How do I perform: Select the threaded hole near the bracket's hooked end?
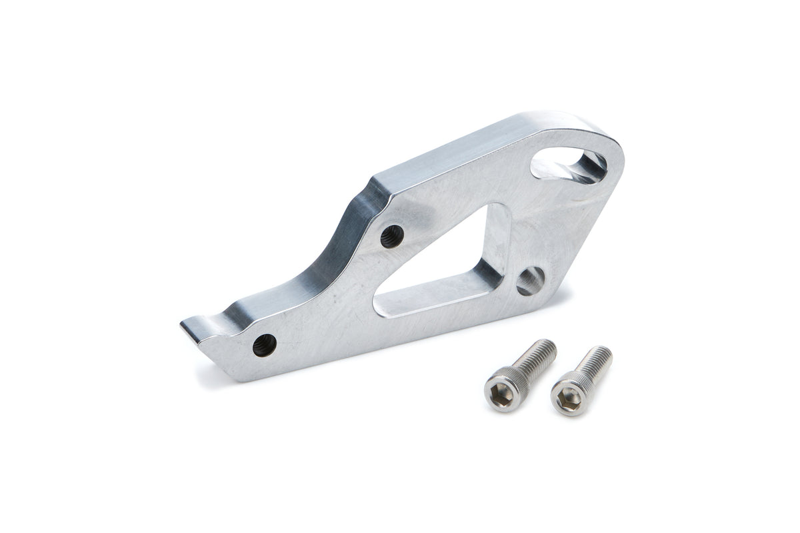click(265, 345)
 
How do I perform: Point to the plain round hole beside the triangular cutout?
click(531, 280)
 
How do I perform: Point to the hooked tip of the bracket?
click(189, 326)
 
